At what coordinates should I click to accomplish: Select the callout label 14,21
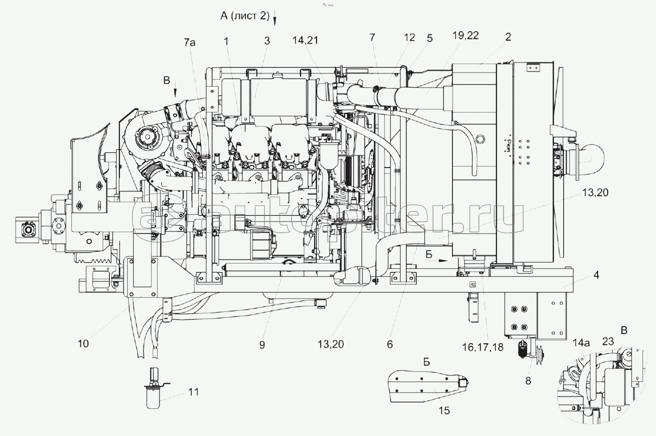(305, 40)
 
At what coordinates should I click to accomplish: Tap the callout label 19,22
(465, 36)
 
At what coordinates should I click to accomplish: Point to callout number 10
(83, 343)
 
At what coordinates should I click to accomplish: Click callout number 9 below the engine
(262, 345)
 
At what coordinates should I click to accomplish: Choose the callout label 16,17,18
(482, 347)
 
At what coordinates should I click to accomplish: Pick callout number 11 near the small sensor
(193, 392)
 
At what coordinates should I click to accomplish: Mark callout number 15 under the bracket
(444, 410)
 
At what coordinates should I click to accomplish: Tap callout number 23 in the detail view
(608, 341)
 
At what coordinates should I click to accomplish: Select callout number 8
(528, 380)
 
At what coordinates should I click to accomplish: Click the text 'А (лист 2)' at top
(245, 16)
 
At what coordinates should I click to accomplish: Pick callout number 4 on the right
(596, 274)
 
